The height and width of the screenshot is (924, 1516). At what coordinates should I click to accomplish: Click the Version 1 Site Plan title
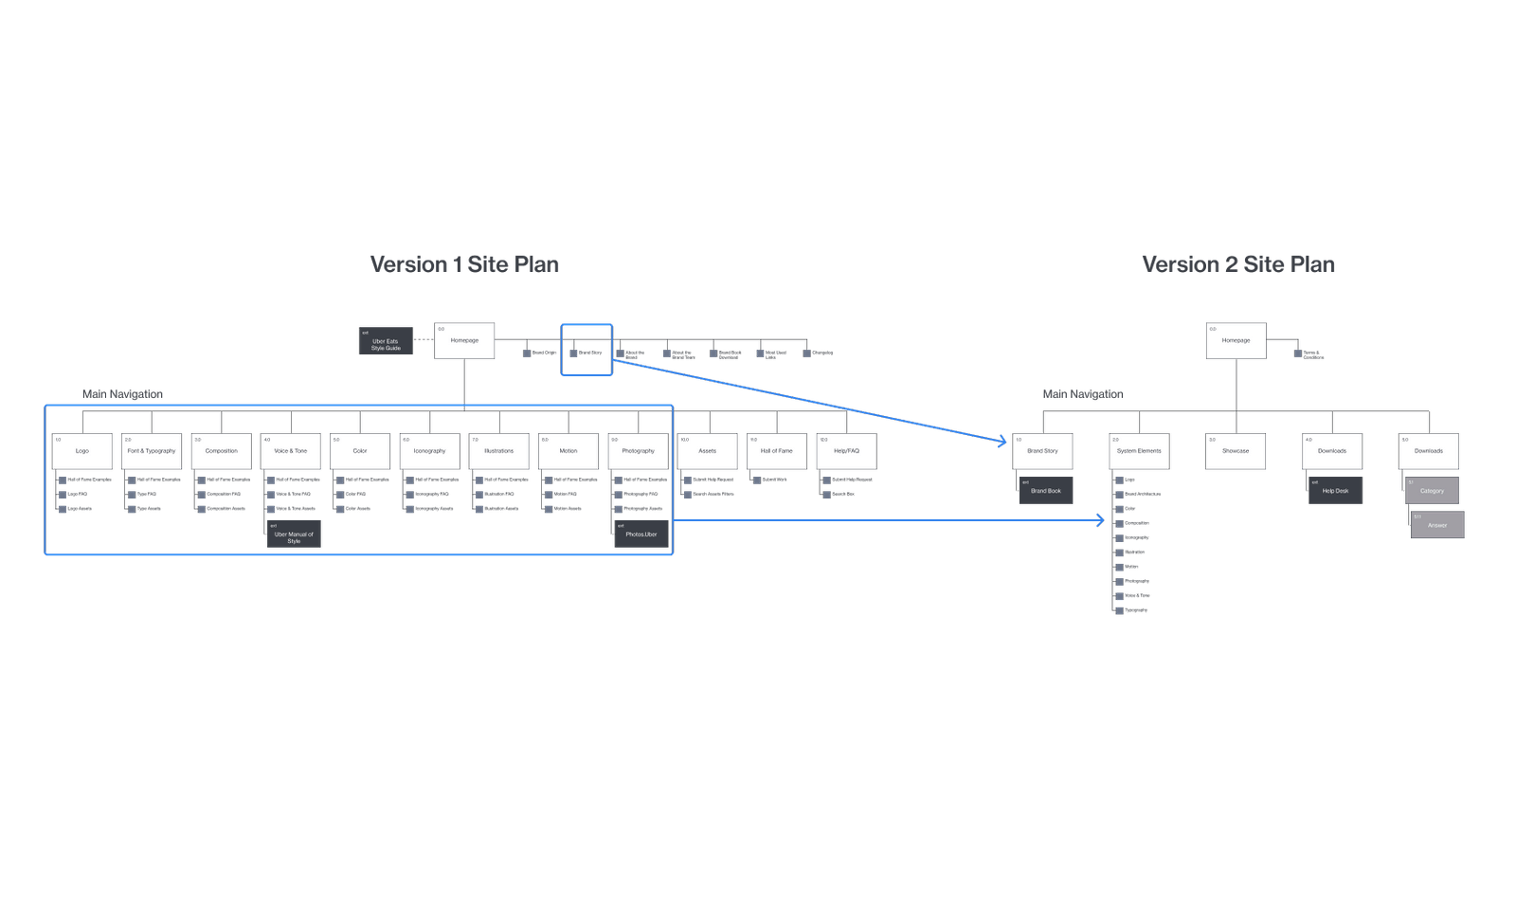463,264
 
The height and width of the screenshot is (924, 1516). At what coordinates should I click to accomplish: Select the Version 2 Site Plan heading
1238,264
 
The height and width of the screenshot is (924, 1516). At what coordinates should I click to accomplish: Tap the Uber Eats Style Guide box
386,341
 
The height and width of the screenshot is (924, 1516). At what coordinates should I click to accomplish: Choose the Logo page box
82,451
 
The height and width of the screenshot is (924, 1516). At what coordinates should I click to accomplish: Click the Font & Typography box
152,451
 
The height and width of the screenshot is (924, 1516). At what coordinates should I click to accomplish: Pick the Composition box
222,451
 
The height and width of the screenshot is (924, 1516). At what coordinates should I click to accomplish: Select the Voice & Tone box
291,451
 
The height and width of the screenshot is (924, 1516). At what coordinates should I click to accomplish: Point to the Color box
360,451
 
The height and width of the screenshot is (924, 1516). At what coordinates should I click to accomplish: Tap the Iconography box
429,451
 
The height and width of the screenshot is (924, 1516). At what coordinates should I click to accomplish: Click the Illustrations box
499,451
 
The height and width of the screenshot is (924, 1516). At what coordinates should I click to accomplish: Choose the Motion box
568,451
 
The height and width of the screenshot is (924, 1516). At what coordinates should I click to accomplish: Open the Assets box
708,451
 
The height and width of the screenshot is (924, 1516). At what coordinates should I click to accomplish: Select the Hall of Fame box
777,451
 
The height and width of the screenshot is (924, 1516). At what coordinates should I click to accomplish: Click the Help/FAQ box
846,451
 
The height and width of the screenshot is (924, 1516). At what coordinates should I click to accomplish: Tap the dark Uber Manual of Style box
294,534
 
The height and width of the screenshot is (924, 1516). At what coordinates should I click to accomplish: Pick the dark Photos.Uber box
641,534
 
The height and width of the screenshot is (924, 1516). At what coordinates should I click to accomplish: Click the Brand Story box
1042,451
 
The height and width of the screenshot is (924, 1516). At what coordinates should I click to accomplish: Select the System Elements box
1139,451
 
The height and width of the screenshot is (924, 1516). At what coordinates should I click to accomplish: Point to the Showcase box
1236,451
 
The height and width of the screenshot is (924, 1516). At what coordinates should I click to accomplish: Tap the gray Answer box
1437,525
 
